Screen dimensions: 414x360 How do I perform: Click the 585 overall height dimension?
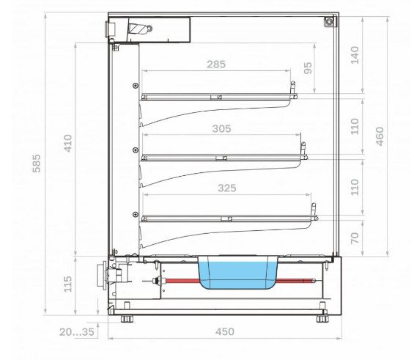[x=37, y=164]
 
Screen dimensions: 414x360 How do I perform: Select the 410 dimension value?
[x=68, y=144]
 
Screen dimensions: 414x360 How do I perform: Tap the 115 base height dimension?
[x=68, y=284]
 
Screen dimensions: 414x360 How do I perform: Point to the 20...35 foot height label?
[x=76, y=331]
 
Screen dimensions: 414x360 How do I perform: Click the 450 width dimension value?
[x=225, y=331]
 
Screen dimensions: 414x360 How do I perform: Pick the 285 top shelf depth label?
[x=216, y=65]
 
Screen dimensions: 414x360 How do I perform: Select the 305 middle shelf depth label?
[x=222, y=128]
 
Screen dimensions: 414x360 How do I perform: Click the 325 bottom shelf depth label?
[x=227, y=188]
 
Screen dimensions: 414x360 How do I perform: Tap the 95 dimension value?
[x=308, y=68]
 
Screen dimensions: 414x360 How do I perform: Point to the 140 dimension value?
[x=355, y=55]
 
